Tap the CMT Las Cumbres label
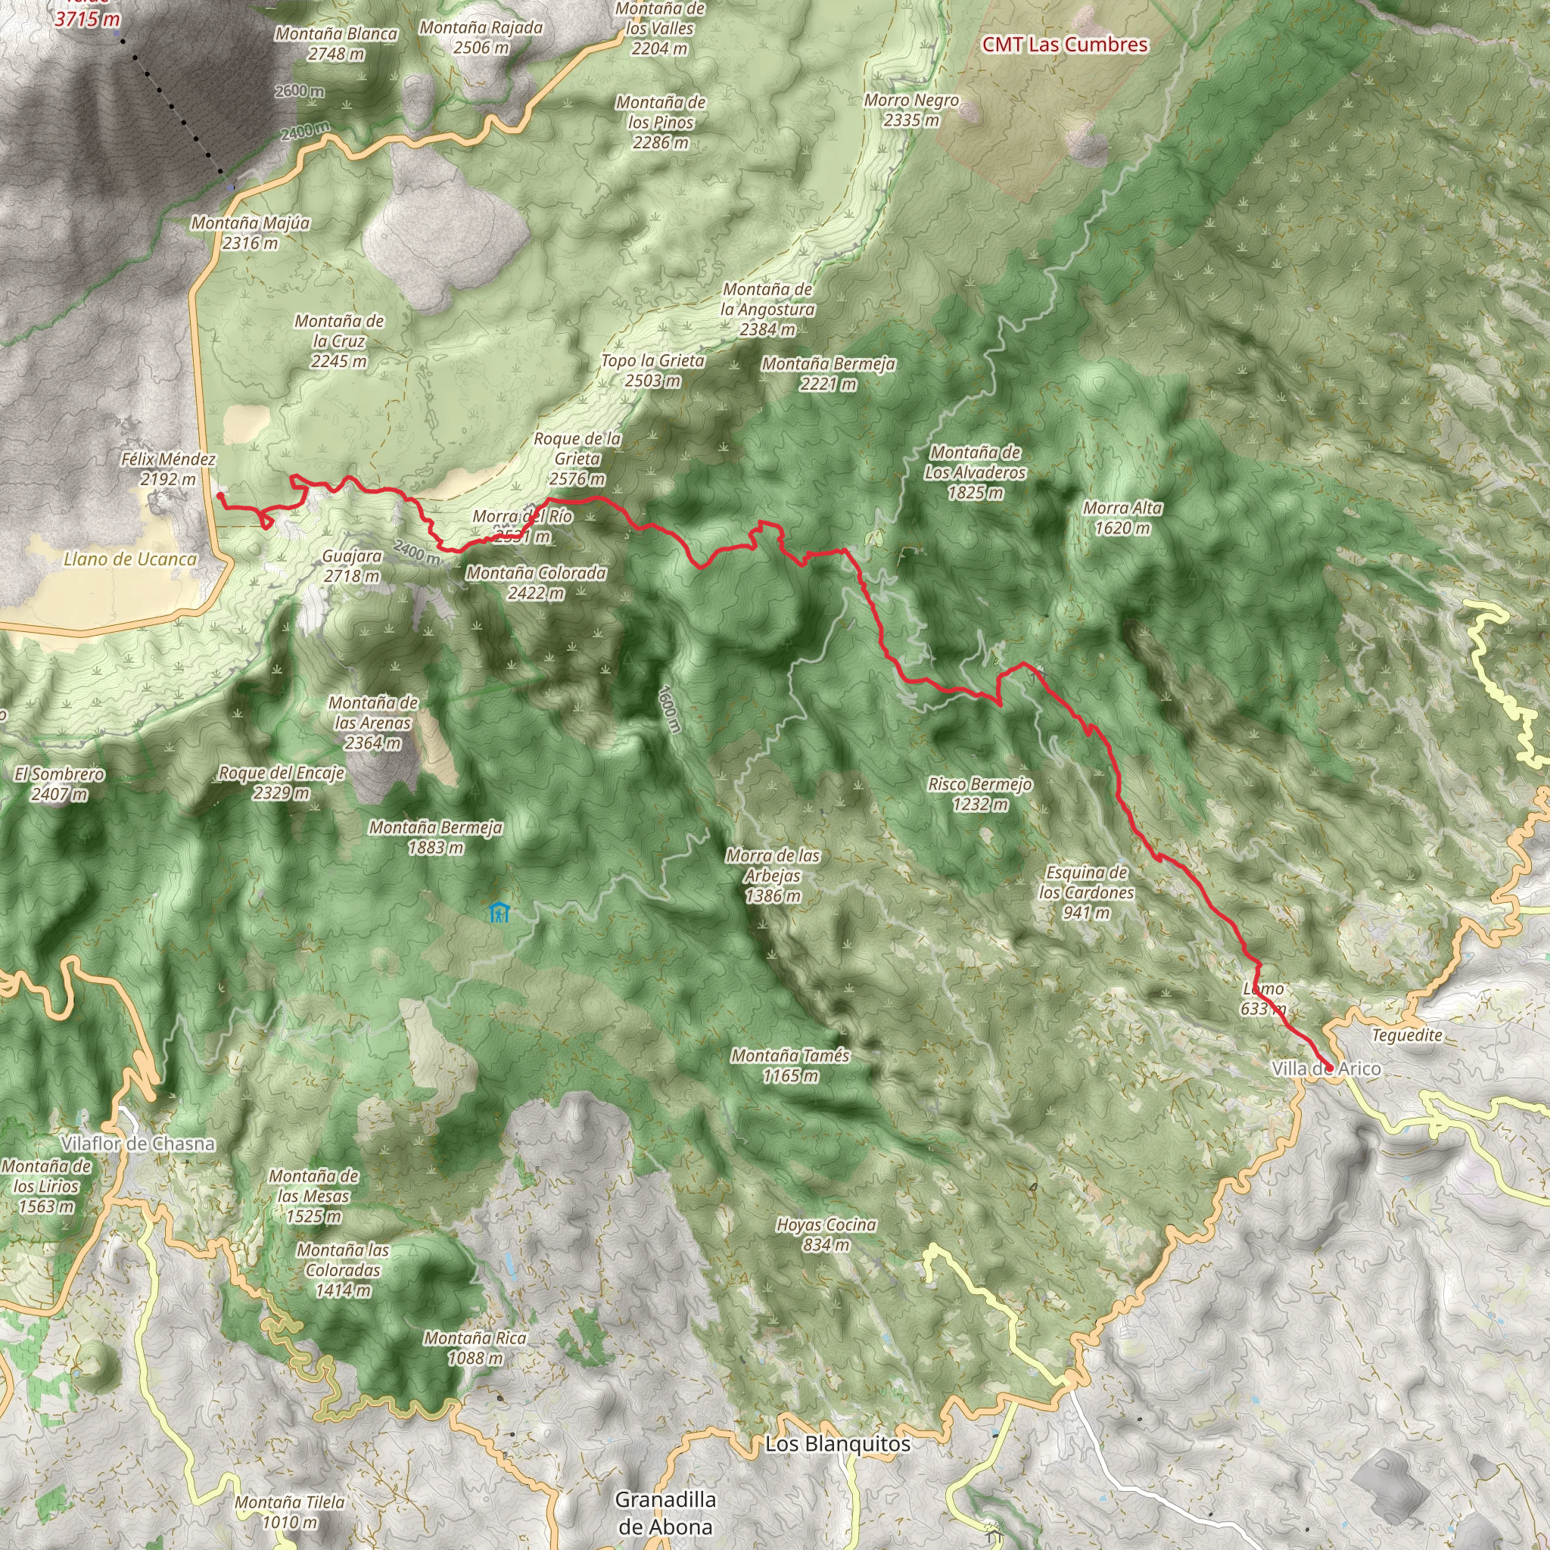point(1065,45)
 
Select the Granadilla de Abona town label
point(665,1511)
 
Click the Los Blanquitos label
point(838,1444)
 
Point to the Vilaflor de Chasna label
point(138,1144)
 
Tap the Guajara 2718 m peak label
point(351,565)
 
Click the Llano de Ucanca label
point(130,559)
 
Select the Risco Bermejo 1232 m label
point(979,793)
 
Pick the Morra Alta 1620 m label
point(1122,518)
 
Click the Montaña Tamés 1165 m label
point(789,1066)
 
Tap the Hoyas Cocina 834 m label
point(826,1234)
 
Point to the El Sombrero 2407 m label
point(59,784)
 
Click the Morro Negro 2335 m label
point(911,110)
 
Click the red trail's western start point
point(219,496)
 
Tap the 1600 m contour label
point(669,708)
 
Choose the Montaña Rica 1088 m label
point(475,1348)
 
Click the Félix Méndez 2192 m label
point(169,469)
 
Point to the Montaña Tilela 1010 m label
point(291,1511)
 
